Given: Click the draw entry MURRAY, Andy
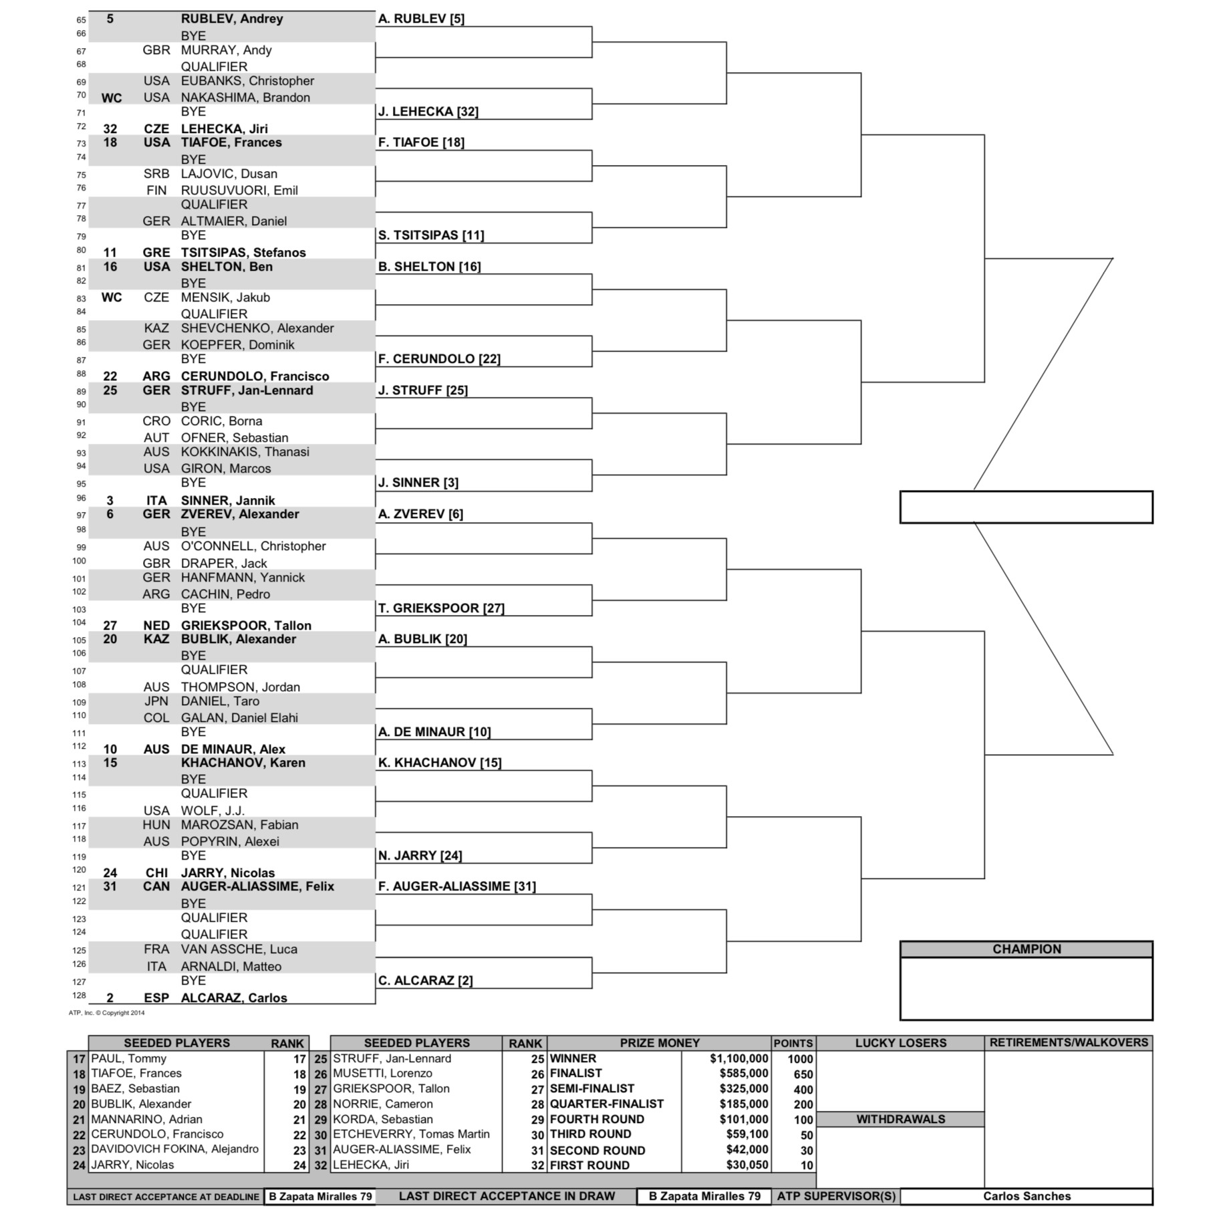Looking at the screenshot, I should click(x=226, y=50).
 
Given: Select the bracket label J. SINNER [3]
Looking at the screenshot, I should click(x=418, y=483).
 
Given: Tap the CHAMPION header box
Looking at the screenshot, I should click(x=1026, y=949).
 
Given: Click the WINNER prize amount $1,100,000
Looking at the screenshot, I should click(x=738, y=1059).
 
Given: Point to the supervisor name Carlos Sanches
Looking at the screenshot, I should click(x=1026, y=1197).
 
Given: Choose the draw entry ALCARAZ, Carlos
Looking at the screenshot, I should click(x=234, y=997).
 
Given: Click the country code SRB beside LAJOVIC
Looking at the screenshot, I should click(x=156, y=174).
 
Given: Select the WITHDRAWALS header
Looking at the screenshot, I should click(x=900, y=1119).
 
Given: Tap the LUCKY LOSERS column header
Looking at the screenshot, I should click(x=900, y=1043).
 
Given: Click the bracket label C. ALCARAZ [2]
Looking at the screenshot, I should click(x=426, y=981).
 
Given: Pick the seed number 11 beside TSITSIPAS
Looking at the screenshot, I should click(x=110, y=253).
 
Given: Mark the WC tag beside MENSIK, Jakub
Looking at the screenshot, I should click(x=112, y=297).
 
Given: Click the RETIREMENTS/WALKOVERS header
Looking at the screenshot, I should click(x=1069, y=1043).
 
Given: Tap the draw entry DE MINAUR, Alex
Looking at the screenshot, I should click(x=233, y=749).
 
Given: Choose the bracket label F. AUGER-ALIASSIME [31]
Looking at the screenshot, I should click(x=457, y=886).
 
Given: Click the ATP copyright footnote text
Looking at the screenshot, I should click(x=107, y=1013).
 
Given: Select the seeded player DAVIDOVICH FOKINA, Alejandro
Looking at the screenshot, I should click(x=174, y=1149).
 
